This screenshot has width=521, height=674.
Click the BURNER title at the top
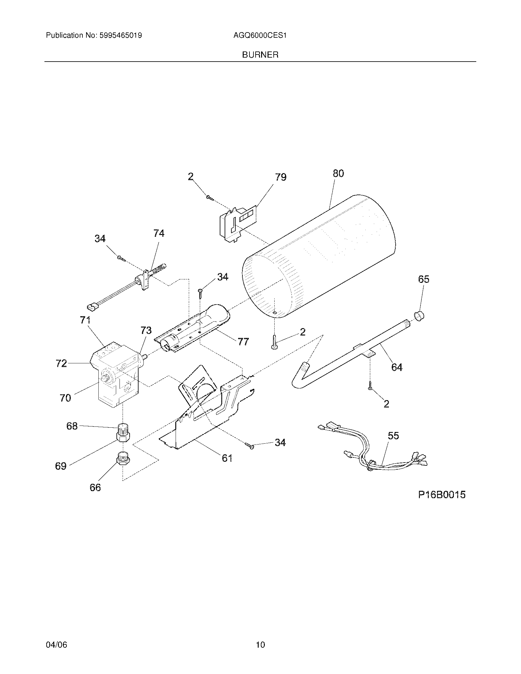point(260,55)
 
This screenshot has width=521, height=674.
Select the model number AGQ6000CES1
point(260,36)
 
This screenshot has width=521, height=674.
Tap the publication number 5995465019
point(120,36)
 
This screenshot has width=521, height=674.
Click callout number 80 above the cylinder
point(338,173)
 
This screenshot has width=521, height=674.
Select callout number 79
point(280,177)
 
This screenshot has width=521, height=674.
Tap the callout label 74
point(159,233)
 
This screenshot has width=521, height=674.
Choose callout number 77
point(243,342)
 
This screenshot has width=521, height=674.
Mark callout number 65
point(424,279)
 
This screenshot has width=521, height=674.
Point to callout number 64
point(397,367)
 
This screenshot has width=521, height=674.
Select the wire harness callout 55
point(394,435)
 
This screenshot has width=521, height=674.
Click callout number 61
point(227,458)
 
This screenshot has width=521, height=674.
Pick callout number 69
point(61,466)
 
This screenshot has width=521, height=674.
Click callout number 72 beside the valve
point(61,364)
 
